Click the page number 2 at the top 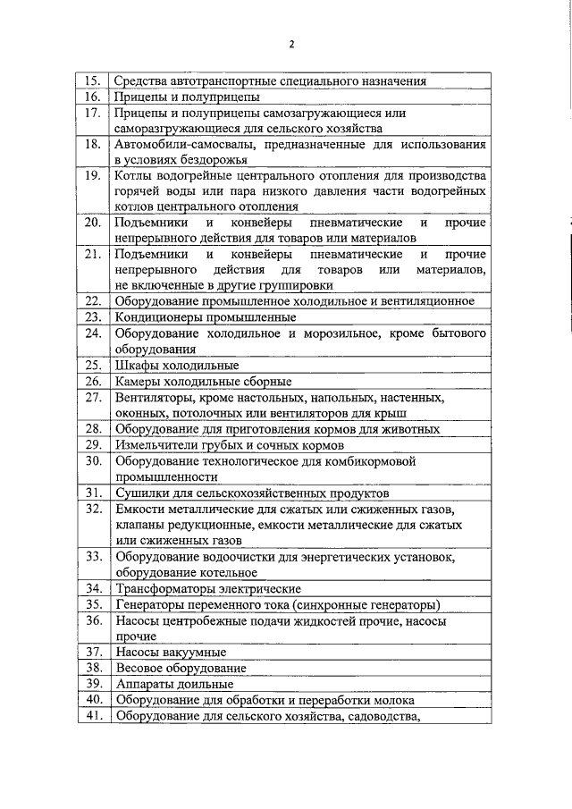click(291, 45)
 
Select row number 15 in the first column click(91, 80)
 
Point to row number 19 click(91, 175)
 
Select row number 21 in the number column click(91, 254)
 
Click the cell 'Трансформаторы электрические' click(207, 588)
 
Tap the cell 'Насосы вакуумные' click(170, 652)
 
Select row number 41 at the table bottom click(91, 715)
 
